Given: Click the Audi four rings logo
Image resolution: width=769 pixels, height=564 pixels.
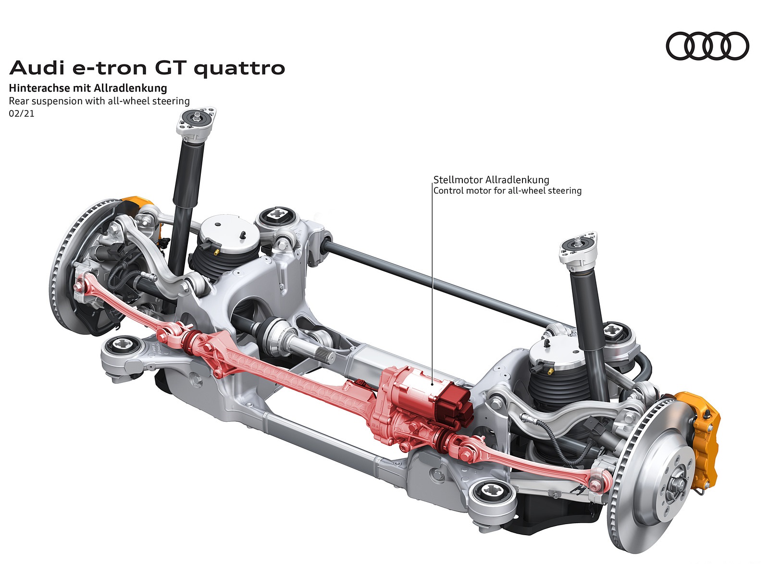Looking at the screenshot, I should pyautogui.click(x=707, y=46).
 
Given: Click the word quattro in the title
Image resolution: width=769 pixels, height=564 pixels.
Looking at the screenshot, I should pyautogui.click(x=239, y=69).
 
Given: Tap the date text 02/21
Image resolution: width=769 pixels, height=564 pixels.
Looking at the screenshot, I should pyautogui.click(x=22, y=114).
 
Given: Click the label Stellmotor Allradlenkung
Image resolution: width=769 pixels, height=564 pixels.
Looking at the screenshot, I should pyautogui.click(x=491, y=180).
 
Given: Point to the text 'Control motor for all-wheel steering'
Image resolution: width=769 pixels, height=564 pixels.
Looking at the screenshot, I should pyautogui.click(x=508, y=191).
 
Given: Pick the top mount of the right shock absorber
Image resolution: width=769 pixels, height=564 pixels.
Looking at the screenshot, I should pyautogui.click(x=579, y=246).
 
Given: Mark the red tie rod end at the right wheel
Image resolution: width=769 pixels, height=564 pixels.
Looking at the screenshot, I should pyautogui.click(x=597, y=485).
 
